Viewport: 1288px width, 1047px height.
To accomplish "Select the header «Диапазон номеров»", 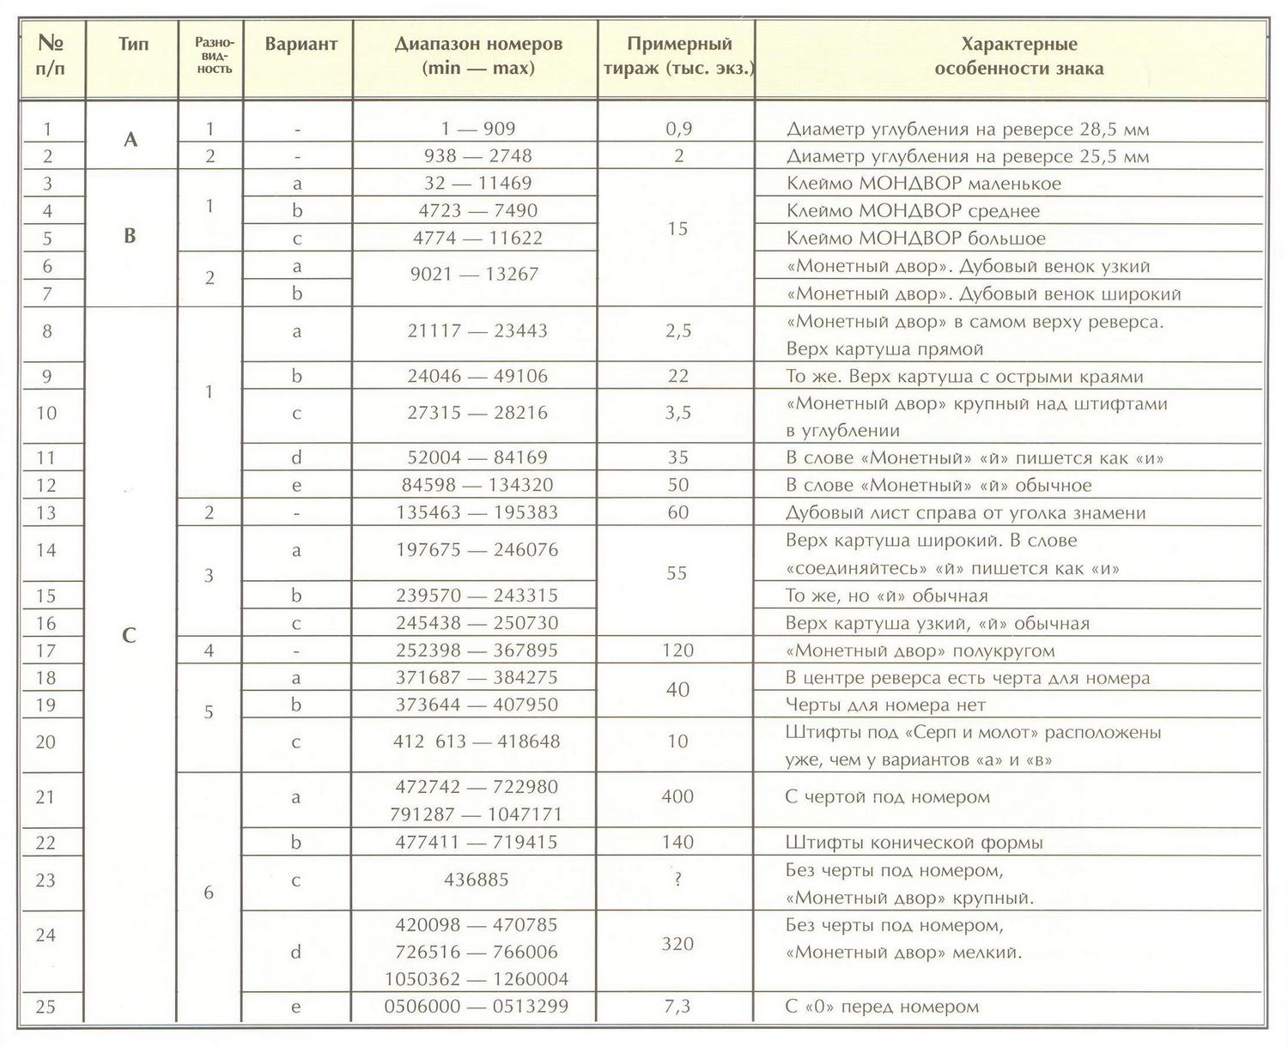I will click(478, 45).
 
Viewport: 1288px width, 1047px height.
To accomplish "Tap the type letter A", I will click(131, 139).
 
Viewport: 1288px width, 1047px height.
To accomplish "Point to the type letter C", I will click(130, 635).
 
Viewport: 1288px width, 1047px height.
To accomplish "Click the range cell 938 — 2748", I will click(477, 156).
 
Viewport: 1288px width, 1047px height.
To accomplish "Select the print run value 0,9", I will click(678, 129).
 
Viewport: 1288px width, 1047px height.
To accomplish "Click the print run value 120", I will click(677, 650).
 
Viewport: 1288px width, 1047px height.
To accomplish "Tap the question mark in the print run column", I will click(677, 880).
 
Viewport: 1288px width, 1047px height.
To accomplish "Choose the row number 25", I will click(46, 1007).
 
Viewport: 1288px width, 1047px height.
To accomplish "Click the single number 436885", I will click(477, 880).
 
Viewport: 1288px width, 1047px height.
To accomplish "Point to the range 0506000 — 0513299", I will click(477, 1007).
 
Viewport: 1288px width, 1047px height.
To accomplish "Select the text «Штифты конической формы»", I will click(914, 843).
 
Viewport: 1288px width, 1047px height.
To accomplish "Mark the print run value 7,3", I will click(677, 1007).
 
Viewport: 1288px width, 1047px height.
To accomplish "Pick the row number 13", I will click(46, 512).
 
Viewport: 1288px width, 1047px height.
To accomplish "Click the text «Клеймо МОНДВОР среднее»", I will click(912, 211).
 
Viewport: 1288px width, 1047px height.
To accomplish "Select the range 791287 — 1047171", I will click(477, 814).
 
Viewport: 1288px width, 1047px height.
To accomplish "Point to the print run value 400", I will click(677, 797).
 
